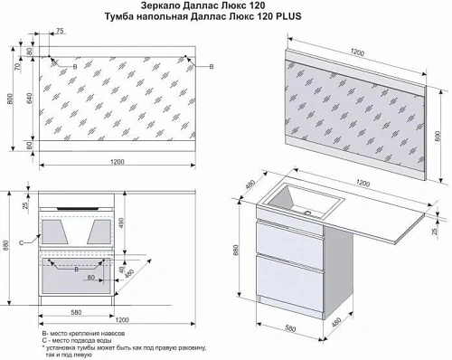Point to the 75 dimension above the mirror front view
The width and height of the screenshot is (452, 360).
[60, 32]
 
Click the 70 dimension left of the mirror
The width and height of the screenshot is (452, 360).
[17, 66]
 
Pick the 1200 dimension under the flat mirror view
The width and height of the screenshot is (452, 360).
[115, 162]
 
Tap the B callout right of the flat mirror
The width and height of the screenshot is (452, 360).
[212, 68]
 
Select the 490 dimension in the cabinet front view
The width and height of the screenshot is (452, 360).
[123, 223]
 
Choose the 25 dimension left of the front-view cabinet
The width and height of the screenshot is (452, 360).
[26, 205]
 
